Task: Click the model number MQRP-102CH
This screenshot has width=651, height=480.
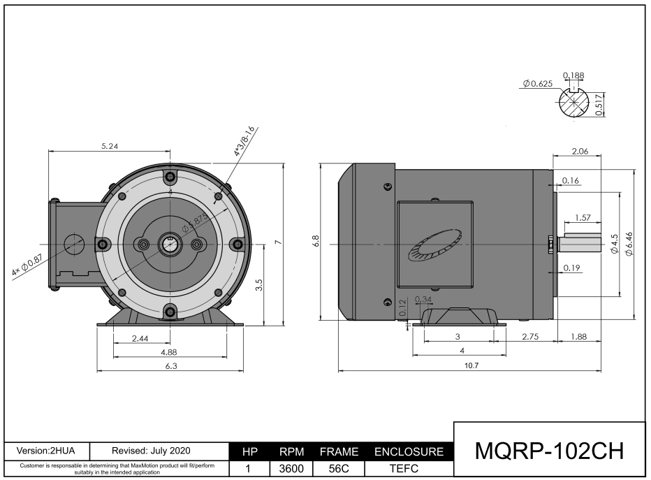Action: click(x=549, y=451)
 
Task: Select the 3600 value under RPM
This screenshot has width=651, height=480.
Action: click(x=291, y=470)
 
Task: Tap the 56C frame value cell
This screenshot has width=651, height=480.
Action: click(x=338, y=470)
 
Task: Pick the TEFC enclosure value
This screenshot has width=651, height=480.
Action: click(x=409, y=470)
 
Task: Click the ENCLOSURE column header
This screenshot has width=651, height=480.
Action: click(x=409, y=452)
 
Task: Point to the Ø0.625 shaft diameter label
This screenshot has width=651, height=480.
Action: click(x=536, y=84)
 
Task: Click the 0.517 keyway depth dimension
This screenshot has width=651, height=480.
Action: click(x=599, y=104)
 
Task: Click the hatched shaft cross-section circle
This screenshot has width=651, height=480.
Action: click(x=574, y=104)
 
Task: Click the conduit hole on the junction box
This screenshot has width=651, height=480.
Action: click(x=73, y=244)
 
